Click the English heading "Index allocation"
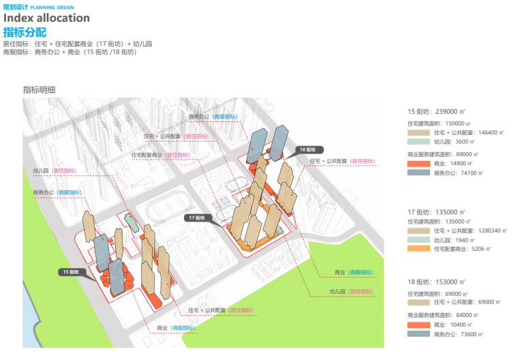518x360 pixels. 46,18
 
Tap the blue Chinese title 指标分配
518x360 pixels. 25,31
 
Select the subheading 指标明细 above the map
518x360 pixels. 39,89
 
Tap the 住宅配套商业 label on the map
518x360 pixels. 147,155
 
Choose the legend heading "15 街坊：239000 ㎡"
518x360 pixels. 437,111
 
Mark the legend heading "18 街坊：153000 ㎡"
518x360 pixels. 437,282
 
